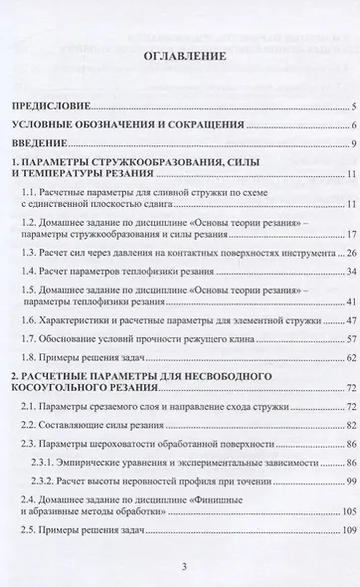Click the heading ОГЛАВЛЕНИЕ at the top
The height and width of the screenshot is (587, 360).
(179, 57)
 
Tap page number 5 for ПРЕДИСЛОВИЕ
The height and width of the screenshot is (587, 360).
(354, 105)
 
